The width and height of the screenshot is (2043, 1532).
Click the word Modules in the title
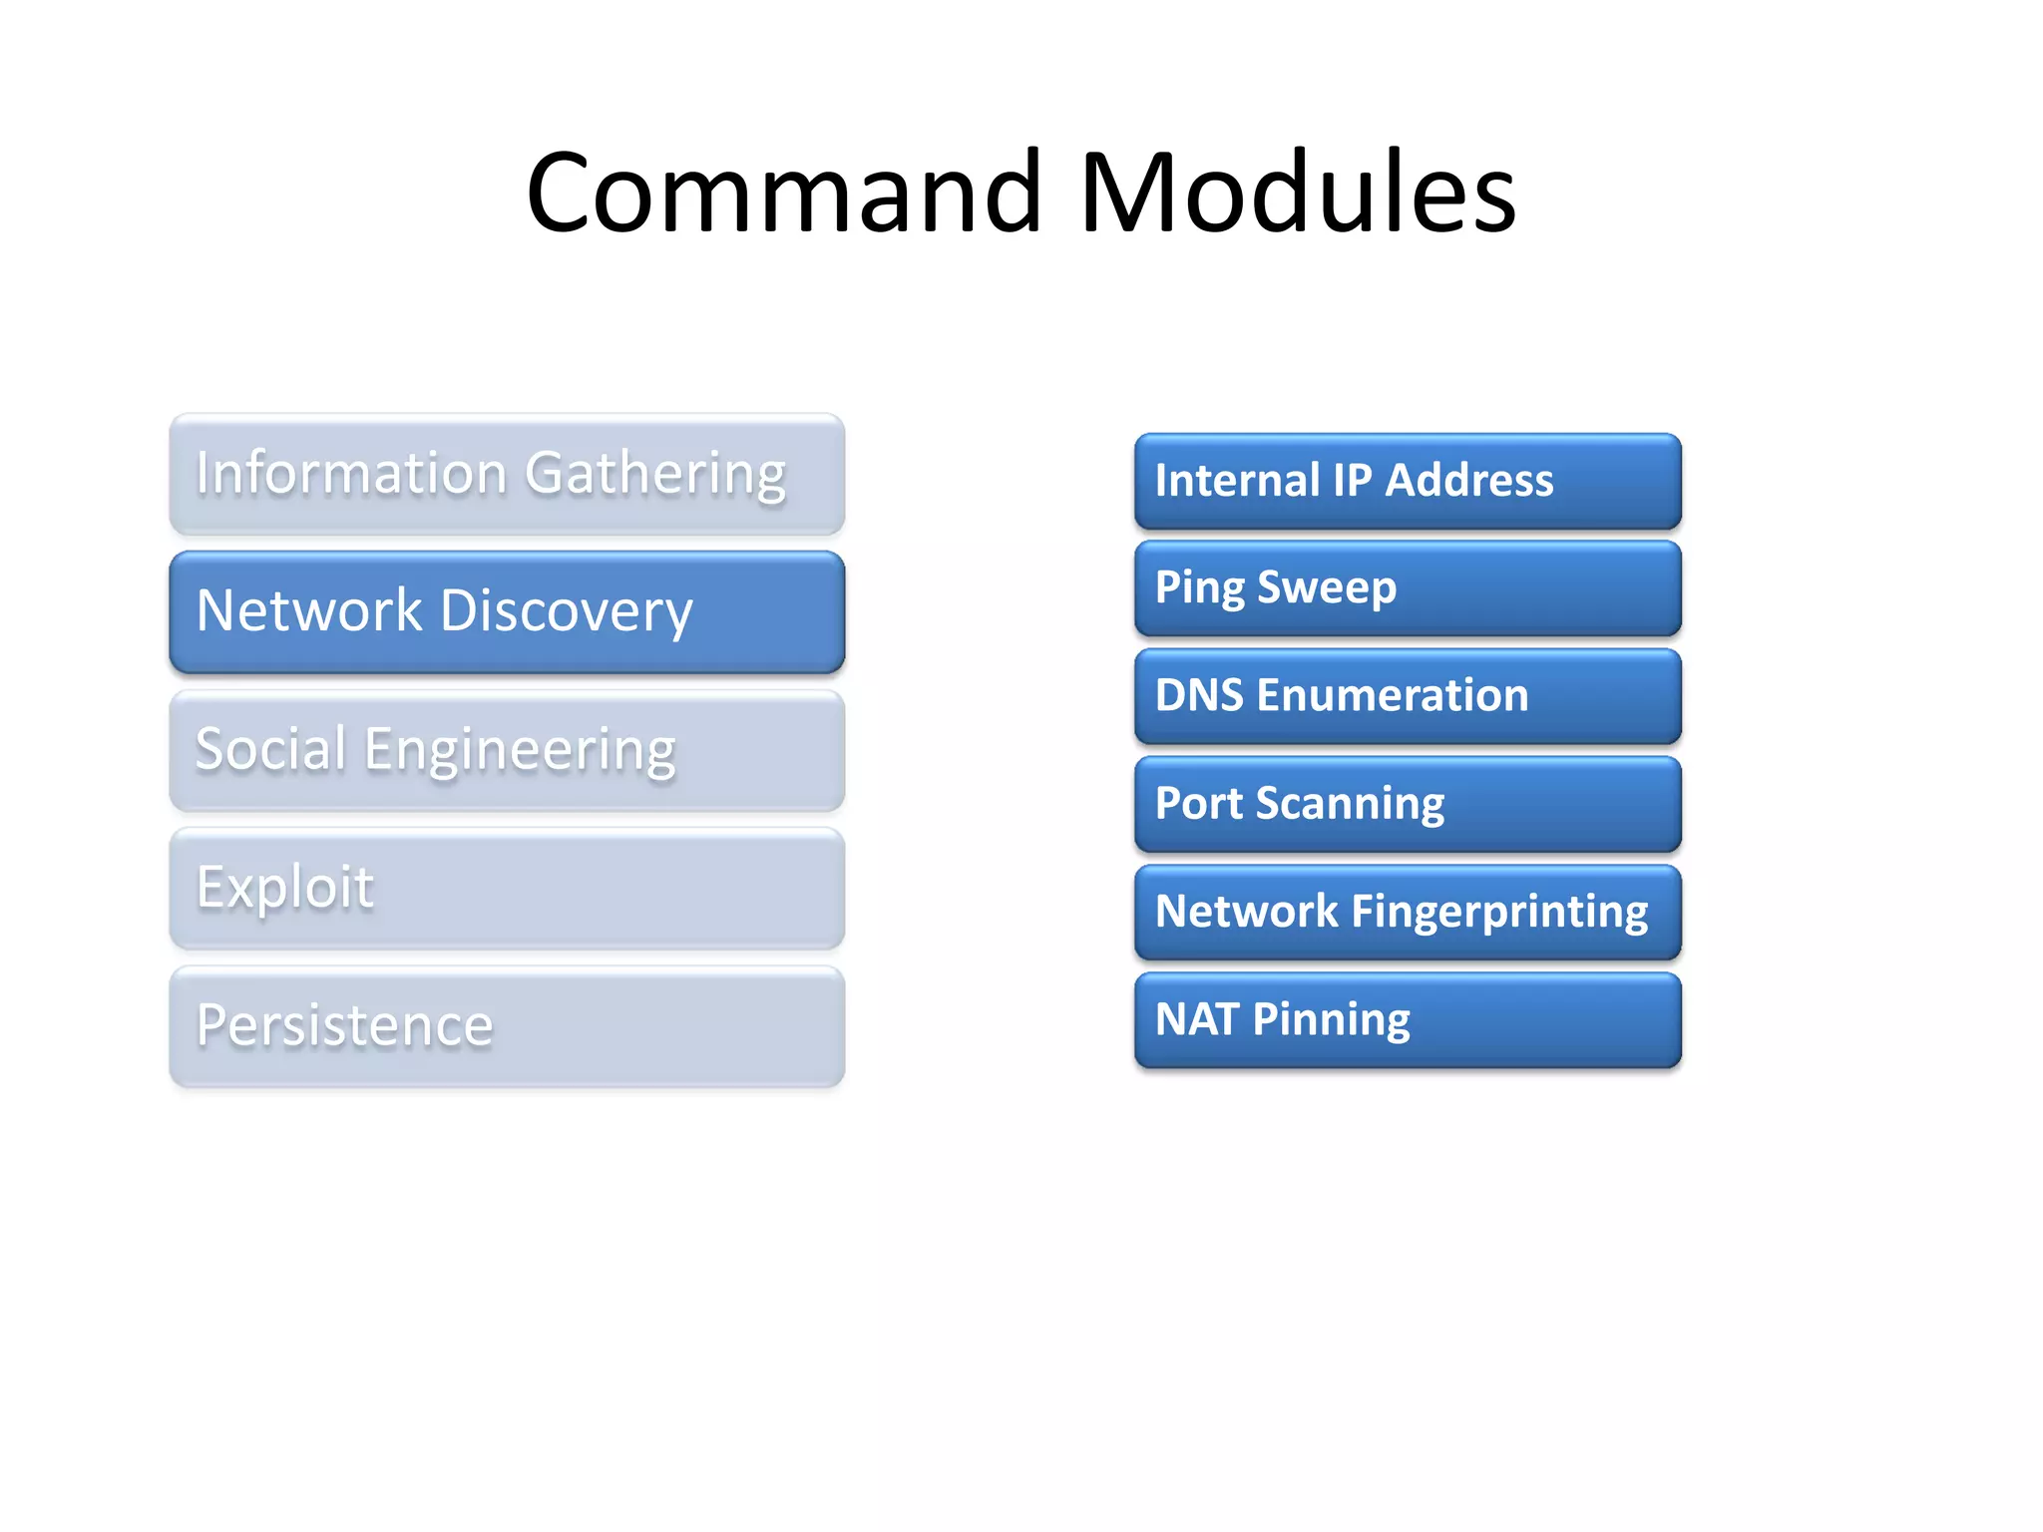(x=1297, y=191)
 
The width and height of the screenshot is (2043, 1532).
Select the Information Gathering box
(x=507, y=475)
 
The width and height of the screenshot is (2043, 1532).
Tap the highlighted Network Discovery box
(x=507, y=612)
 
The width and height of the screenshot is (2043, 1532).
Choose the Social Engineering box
(x=507, y=750)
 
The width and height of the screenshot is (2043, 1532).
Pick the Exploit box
(x=507, y=888)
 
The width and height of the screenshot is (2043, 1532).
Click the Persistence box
(x=507, y=1026)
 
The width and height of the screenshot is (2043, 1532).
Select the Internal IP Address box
(x=1407, y=481)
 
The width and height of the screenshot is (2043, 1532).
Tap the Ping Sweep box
(x=1407, y=588)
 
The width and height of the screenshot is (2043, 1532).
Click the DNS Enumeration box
(x=1407, y=696)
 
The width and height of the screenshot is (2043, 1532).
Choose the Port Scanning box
(x=1407, y=804)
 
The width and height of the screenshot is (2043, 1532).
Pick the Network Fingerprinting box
(x=1407, y=912)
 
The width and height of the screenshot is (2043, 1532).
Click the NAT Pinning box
(x=1407, y=1020)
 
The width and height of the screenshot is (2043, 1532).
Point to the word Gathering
(x=655, y=475)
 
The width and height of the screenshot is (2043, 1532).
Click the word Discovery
(x=566, y=612)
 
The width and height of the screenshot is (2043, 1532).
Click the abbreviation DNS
(x=1199, y=695)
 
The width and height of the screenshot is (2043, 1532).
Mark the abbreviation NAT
(x=1196, y=1019)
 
